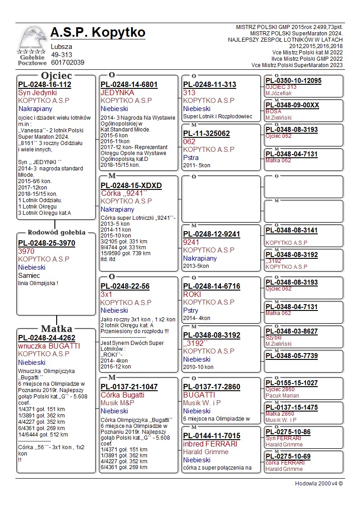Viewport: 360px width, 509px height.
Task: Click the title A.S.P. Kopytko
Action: [98, 33]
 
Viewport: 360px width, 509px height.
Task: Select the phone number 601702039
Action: [68, 63]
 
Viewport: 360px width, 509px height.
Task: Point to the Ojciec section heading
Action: [56, 76]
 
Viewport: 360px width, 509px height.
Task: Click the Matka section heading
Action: [56, 329]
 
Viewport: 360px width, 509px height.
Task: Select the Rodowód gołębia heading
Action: [56, 233]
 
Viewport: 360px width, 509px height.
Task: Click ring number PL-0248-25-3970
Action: [47, 243]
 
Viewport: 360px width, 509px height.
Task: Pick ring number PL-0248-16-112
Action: [45, 84]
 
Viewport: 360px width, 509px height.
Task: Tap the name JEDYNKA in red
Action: [117, 92]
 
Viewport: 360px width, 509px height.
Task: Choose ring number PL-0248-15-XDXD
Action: [131, 185]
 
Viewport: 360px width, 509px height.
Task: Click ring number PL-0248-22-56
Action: [125, 286]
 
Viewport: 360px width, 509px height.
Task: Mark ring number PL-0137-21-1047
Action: [129, 387]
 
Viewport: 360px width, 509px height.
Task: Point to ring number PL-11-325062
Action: [206, 133]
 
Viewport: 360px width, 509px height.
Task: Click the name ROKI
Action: [192, 294]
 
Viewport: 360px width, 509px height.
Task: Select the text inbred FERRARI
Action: [210, 444]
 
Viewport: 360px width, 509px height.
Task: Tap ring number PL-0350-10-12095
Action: [293, 81]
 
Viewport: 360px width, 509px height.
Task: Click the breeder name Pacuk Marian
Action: [282, 396]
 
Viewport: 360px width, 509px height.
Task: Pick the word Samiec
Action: [29, 275]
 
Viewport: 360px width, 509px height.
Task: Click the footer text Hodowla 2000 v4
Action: [319, 483]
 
